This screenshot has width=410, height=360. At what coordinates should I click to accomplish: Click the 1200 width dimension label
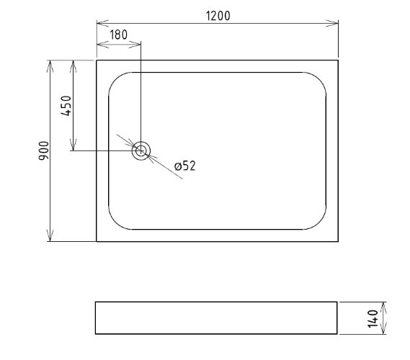(218, 16)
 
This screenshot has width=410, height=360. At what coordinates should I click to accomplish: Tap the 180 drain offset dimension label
(118, 35)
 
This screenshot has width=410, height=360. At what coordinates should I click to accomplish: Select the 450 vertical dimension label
(66, 106)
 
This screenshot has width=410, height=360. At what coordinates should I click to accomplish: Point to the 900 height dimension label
(44, 150)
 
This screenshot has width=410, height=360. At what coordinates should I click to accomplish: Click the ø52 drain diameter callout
(185, 166)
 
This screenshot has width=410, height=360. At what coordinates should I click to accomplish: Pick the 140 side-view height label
(373, 318)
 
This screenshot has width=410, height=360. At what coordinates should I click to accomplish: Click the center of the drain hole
(141, 150)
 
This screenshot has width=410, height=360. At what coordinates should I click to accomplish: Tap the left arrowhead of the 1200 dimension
(102, 23)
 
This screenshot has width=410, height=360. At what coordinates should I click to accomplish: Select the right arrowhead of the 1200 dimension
(332, 23)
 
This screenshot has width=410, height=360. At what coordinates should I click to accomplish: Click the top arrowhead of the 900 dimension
(50, 66)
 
